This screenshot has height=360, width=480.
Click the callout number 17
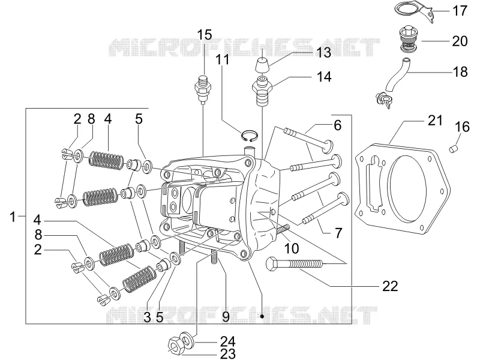[460, 11]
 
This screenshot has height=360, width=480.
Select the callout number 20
[460, 41]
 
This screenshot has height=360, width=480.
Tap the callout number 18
[460, 71]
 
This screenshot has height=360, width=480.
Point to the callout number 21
[435, 121]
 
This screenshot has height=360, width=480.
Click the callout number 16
[462, 127]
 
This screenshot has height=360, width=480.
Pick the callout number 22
[390, 286]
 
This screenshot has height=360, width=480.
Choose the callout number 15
[204, 35]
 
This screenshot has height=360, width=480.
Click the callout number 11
[223, 59]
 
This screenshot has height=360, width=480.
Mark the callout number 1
[13, 217]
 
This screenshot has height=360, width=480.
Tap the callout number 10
[291, 248]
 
